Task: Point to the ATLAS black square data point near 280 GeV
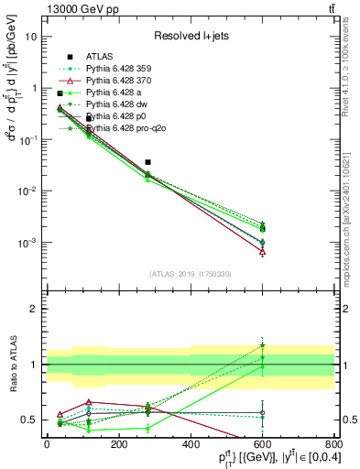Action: pos(148,162)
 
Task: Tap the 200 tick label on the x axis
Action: pos(118,444)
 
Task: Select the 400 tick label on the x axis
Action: pos(190,444)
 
